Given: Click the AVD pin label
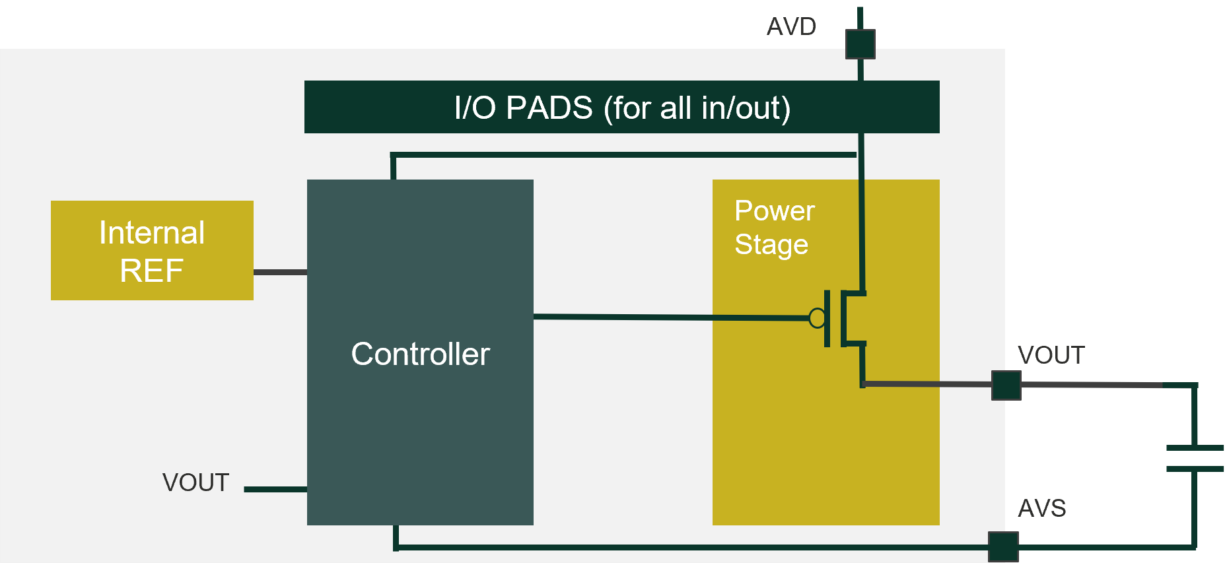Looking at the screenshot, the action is tap(791, 27).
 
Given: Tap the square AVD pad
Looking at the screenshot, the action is tap(860, 44).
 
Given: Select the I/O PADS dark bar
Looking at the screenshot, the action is tap(621, 107).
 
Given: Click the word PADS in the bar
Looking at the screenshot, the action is tap(549, 108).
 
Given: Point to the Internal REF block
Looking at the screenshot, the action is tap(152, 250).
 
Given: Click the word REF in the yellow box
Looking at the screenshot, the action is tap(151, 271).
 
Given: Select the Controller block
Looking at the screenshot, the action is tap(420, 352).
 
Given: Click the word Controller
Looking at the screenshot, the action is tap(420, 354).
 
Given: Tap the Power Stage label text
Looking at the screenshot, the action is tap(775, 228).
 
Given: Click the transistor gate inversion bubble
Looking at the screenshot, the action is tap(817, 318).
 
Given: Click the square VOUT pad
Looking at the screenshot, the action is tap(1006, 385).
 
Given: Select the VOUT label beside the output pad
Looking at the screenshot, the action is tap(1051, 355).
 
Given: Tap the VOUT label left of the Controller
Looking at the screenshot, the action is tap(195, 482).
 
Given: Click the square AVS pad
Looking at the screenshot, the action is tap(1003, 546).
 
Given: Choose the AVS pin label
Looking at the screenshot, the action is tap(1042, 508).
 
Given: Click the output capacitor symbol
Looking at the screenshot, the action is tap(1195, 458).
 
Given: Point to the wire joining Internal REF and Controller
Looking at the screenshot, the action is tap(280, 272).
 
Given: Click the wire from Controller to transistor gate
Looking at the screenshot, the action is tap(671, 317).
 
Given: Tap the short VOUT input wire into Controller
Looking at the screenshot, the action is tap(275, 489).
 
